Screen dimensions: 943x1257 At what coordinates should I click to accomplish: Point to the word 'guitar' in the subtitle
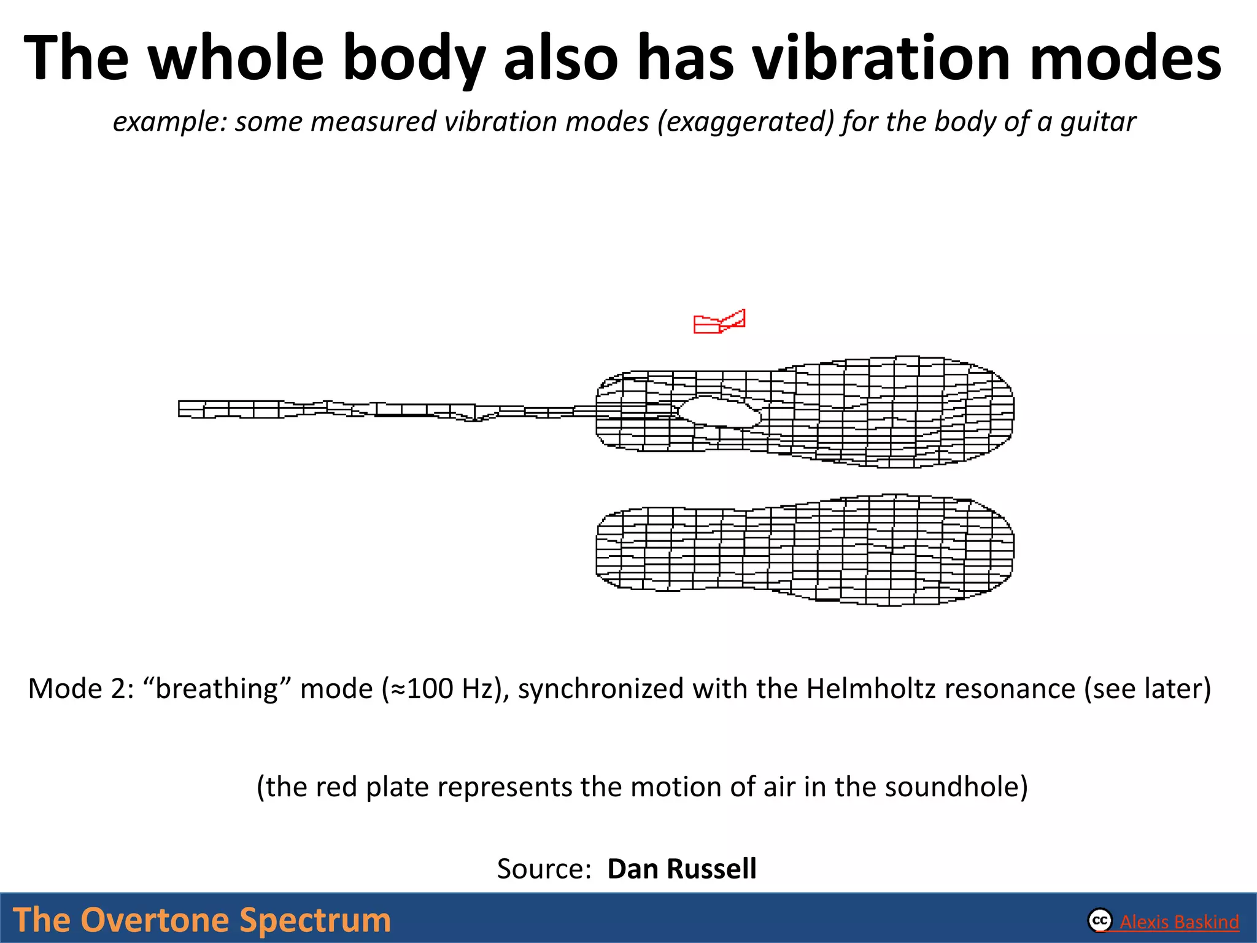click(x=1098, y=122)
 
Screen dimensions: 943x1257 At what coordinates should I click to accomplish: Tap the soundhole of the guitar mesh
click(x=720, y=412)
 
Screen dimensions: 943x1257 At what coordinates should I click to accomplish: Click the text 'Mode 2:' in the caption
click(x=80, y=689)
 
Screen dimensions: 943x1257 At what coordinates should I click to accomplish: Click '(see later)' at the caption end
click(x=1147, y=689)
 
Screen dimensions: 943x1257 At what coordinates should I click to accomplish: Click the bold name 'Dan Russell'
click(x=681, y=869)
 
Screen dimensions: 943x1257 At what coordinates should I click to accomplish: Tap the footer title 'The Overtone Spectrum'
click(x=201, y=920)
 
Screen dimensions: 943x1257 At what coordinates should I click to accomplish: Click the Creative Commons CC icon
click(x=1100, y=920)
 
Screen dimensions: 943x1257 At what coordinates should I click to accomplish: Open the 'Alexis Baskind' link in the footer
click(x=1179, y=922)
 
